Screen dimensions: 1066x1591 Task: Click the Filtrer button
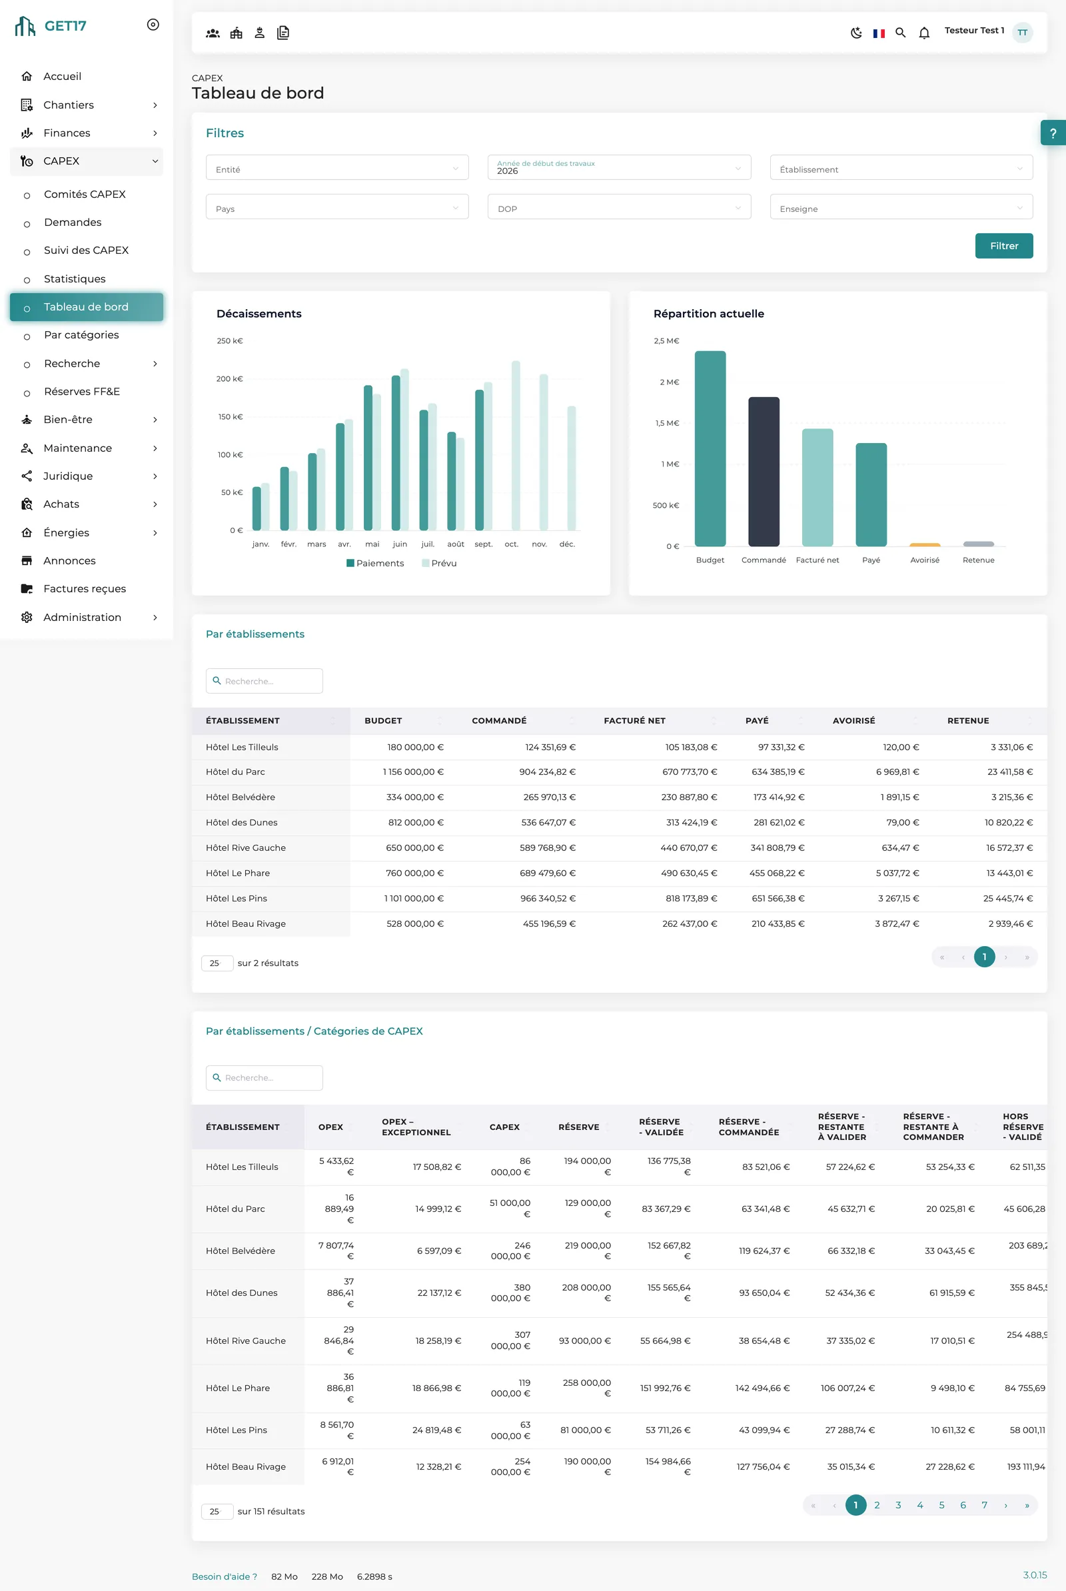tap(1003, 245)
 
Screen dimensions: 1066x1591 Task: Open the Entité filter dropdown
tap(337, 167)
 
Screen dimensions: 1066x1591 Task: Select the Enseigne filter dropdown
tap(901, 207)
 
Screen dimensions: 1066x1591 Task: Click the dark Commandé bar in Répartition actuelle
tap(764, 471)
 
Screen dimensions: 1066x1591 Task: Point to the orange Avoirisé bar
tap(925, 544)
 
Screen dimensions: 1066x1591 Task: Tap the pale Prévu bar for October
tap(516, 445)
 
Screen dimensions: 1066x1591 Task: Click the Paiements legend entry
tap(375, 563)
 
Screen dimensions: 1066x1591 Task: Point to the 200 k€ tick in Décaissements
tap(229, 378)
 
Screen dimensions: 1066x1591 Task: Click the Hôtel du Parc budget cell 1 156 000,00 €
tap(412, 772)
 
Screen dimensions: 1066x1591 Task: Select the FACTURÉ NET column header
tap(634, 721)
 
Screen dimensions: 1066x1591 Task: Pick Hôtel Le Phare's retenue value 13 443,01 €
tap(1009, 873)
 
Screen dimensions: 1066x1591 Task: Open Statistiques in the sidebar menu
tap(75, 278)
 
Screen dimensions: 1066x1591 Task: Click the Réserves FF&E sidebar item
tap(81, 392)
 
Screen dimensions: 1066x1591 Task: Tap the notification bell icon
tap(924, 33)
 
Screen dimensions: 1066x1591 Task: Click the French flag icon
tap(878, 33)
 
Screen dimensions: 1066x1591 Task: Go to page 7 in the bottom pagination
tap(984, 1505)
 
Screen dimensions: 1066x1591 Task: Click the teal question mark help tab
tap(1053, 133)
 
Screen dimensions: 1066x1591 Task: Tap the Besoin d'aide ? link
tap(225, 1577)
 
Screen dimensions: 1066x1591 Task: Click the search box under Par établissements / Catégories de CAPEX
tap(265, 1078)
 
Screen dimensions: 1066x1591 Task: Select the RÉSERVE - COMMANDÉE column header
tap(748, 1127)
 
